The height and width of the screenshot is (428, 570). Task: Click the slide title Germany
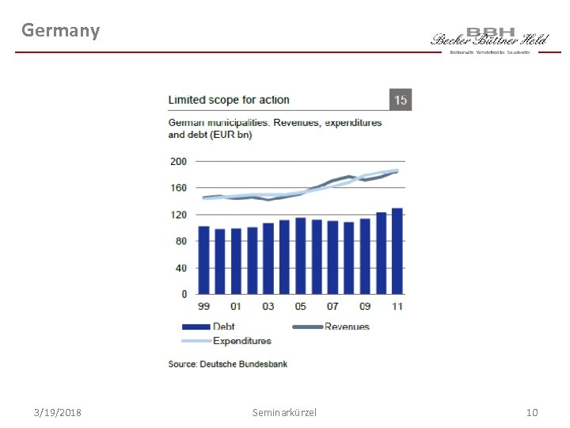[61, 31]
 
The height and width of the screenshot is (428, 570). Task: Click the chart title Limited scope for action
[229, 100]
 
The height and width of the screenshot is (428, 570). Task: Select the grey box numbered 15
[401, 100]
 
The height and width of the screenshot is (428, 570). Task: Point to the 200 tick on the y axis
[179, 161]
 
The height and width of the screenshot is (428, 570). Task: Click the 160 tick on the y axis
[179, 188]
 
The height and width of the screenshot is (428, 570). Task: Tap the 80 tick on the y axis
[180, 241]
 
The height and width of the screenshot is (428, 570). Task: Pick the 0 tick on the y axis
[184, 294]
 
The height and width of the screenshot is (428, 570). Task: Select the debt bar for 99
[204, 260]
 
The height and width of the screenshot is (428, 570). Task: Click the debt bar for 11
[397, 251]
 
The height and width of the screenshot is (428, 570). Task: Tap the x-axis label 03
[268, 306]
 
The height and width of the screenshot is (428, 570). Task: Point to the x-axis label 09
[364, 306]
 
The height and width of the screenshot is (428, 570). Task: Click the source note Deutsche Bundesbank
[228, 364]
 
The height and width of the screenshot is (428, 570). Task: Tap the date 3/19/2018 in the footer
[58, 413]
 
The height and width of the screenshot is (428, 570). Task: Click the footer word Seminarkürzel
[284, 413]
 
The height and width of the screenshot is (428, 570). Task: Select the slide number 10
[532, 413]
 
